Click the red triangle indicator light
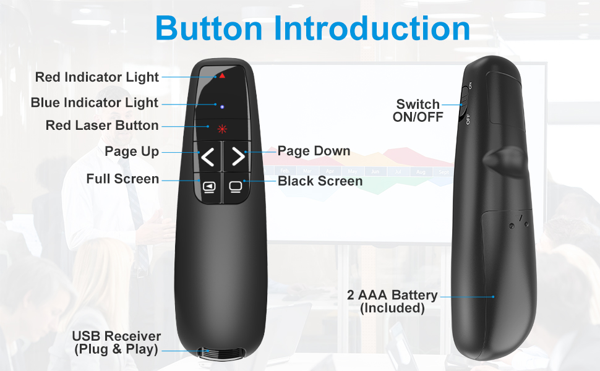pos(221,75)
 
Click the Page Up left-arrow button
pos(208,157)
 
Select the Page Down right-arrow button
pos(238,157)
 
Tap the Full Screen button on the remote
pos(209,186)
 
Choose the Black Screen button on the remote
pos(236,186)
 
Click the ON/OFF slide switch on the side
pos(463,101)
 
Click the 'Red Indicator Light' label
pos(97,77)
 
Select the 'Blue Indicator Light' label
pos(95,103)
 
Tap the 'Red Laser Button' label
pos(102,126)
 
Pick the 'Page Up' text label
pos(132,151)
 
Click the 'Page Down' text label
pos(314,151)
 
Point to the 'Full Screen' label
pos(122,179)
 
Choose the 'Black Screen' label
pos(320,181)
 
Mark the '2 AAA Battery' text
pos(392,295)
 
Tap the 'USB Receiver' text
pos(116,336)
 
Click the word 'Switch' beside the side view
pos(418,104)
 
